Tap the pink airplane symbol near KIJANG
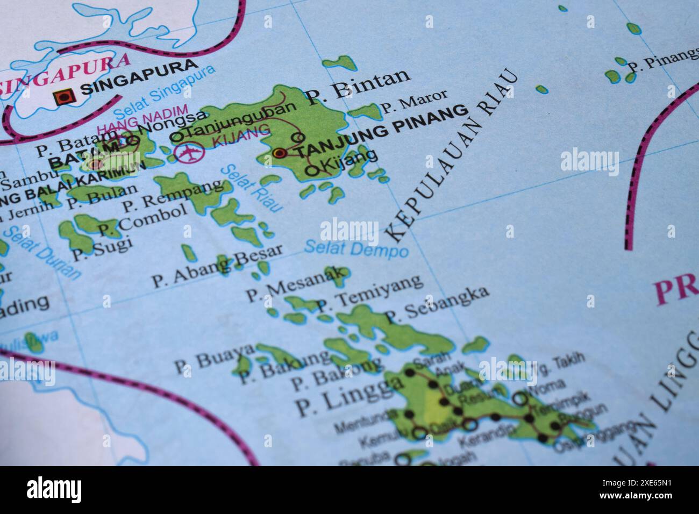click(x=189, y=153)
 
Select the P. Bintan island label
click(x=359, y=86)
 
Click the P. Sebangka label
click(x=437, y=303)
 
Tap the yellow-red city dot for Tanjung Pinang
click(x=279, y=153)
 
